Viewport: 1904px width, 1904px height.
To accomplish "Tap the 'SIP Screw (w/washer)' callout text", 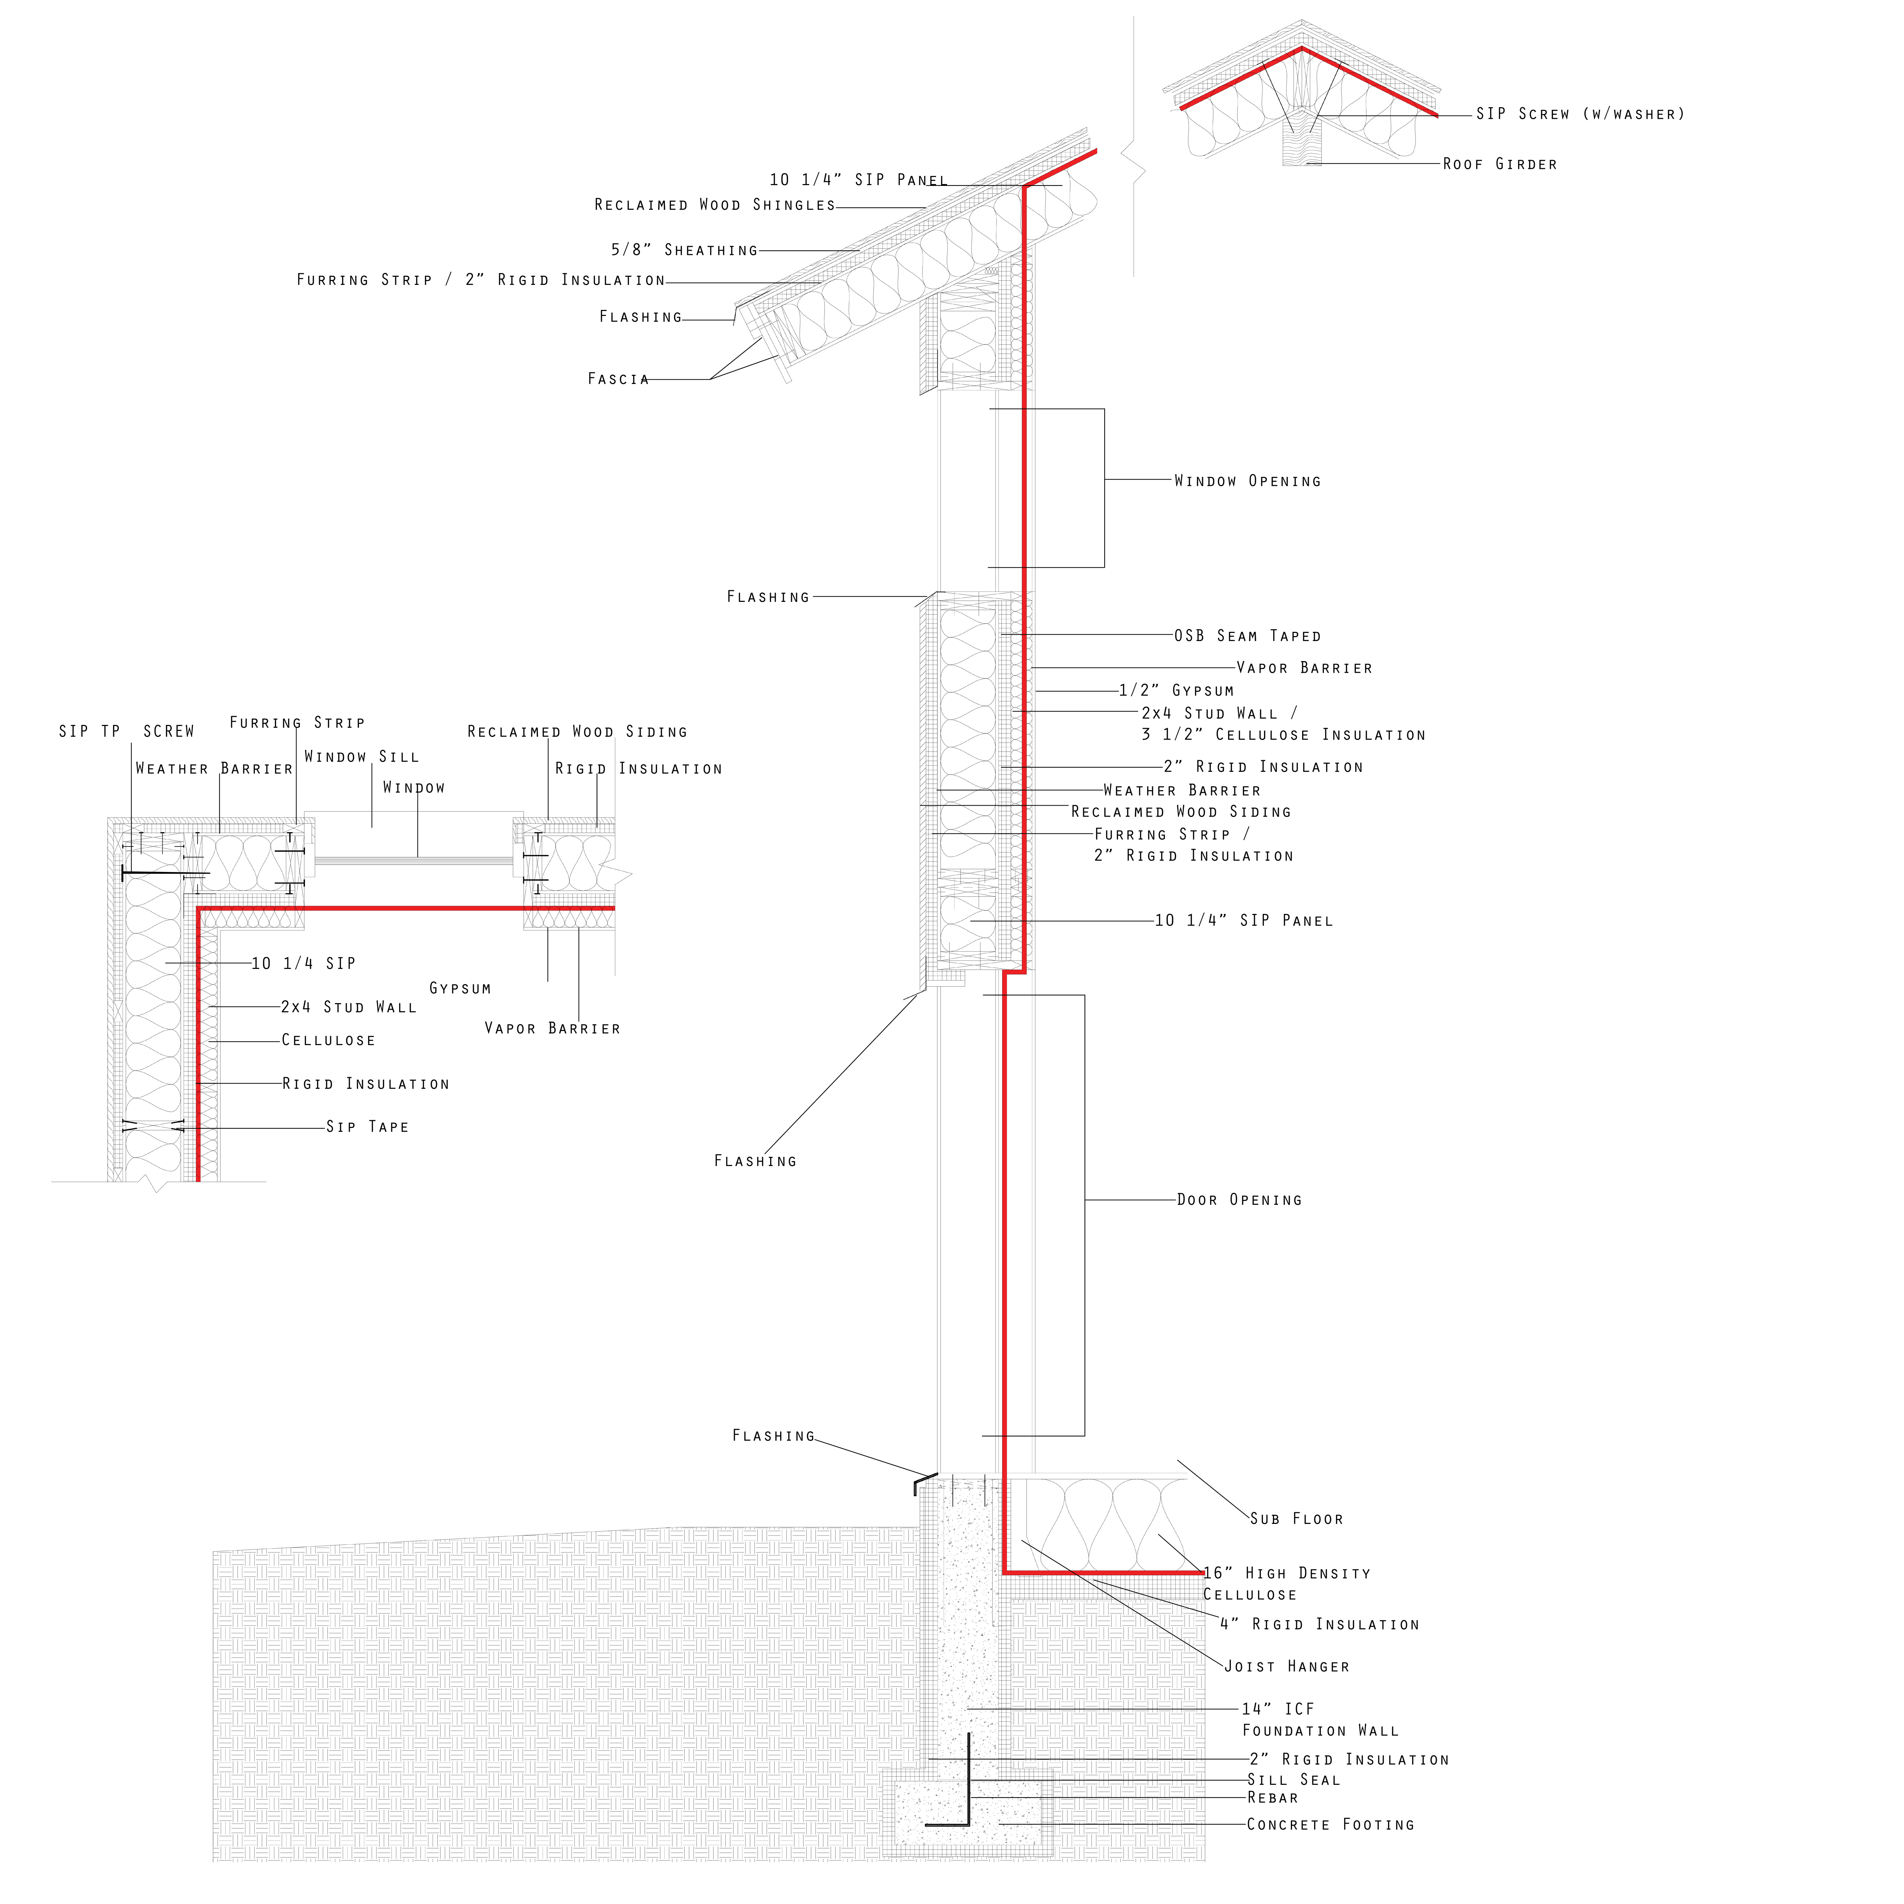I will click(x=1580, y=114).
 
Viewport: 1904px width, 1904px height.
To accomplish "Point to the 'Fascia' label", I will click(x=618, y=378).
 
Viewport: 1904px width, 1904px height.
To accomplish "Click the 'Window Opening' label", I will click(x=1247, y=481).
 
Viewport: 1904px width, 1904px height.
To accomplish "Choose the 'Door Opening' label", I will click(x=1239, y=1200).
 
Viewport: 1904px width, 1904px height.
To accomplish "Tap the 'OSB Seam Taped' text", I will click(x=1247, y=636).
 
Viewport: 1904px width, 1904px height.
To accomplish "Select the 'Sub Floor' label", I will click(x=1296, y=1519).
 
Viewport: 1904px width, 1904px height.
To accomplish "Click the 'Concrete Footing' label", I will click(x=1329, y=1824).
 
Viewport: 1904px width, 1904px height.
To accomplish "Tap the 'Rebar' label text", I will click(x=1272, y=1798).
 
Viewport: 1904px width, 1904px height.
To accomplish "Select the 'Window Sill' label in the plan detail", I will click(x=362, y=757).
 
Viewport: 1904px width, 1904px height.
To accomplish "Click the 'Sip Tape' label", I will click(x=367, y=1127).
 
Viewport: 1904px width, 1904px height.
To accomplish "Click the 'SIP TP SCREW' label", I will click(x=126, y=731).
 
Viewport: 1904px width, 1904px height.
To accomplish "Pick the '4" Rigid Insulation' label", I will click(x=1319, y=1624).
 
